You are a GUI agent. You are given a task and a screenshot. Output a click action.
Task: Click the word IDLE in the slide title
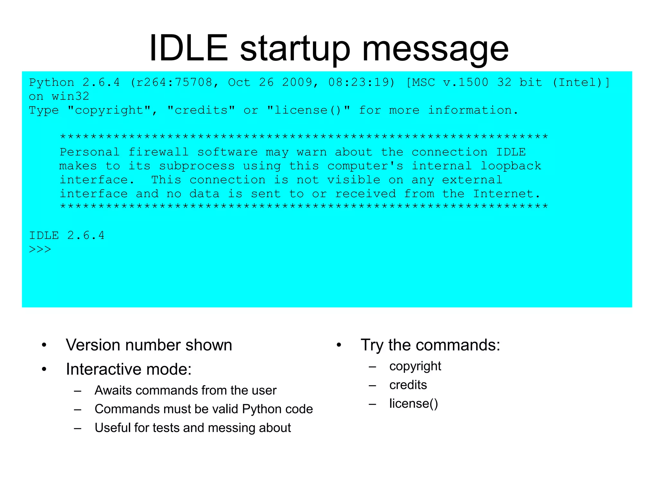pos(189,48)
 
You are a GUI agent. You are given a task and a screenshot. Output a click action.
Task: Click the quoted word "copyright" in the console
pos(109,111)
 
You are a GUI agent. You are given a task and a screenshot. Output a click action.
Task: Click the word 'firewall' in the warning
pos(159,152)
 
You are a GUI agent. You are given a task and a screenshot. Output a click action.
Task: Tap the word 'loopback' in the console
pos(511,166)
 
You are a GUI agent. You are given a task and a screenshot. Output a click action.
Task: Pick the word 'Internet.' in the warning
pos(507,194)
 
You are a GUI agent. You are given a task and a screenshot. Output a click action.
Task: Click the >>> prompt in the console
pos(40,250)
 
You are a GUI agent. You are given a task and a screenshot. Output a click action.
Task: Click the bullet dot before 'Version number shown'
pos(44,345)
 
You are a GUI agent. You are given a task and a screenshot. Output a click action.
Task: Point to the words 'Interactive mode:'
pos(129,369)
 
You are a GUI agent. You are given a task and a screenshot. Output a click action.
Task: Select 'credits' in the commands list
pos(408,385)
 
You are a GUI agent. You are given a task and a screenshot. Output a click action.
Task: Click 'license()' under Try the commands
pos(413,404)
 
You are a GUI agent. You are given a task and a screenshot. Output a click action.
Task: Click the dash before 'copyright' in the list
pos(372,367)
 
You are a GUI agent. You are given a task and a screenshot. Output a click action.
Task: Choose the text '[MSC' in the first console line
pos(420,83)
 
